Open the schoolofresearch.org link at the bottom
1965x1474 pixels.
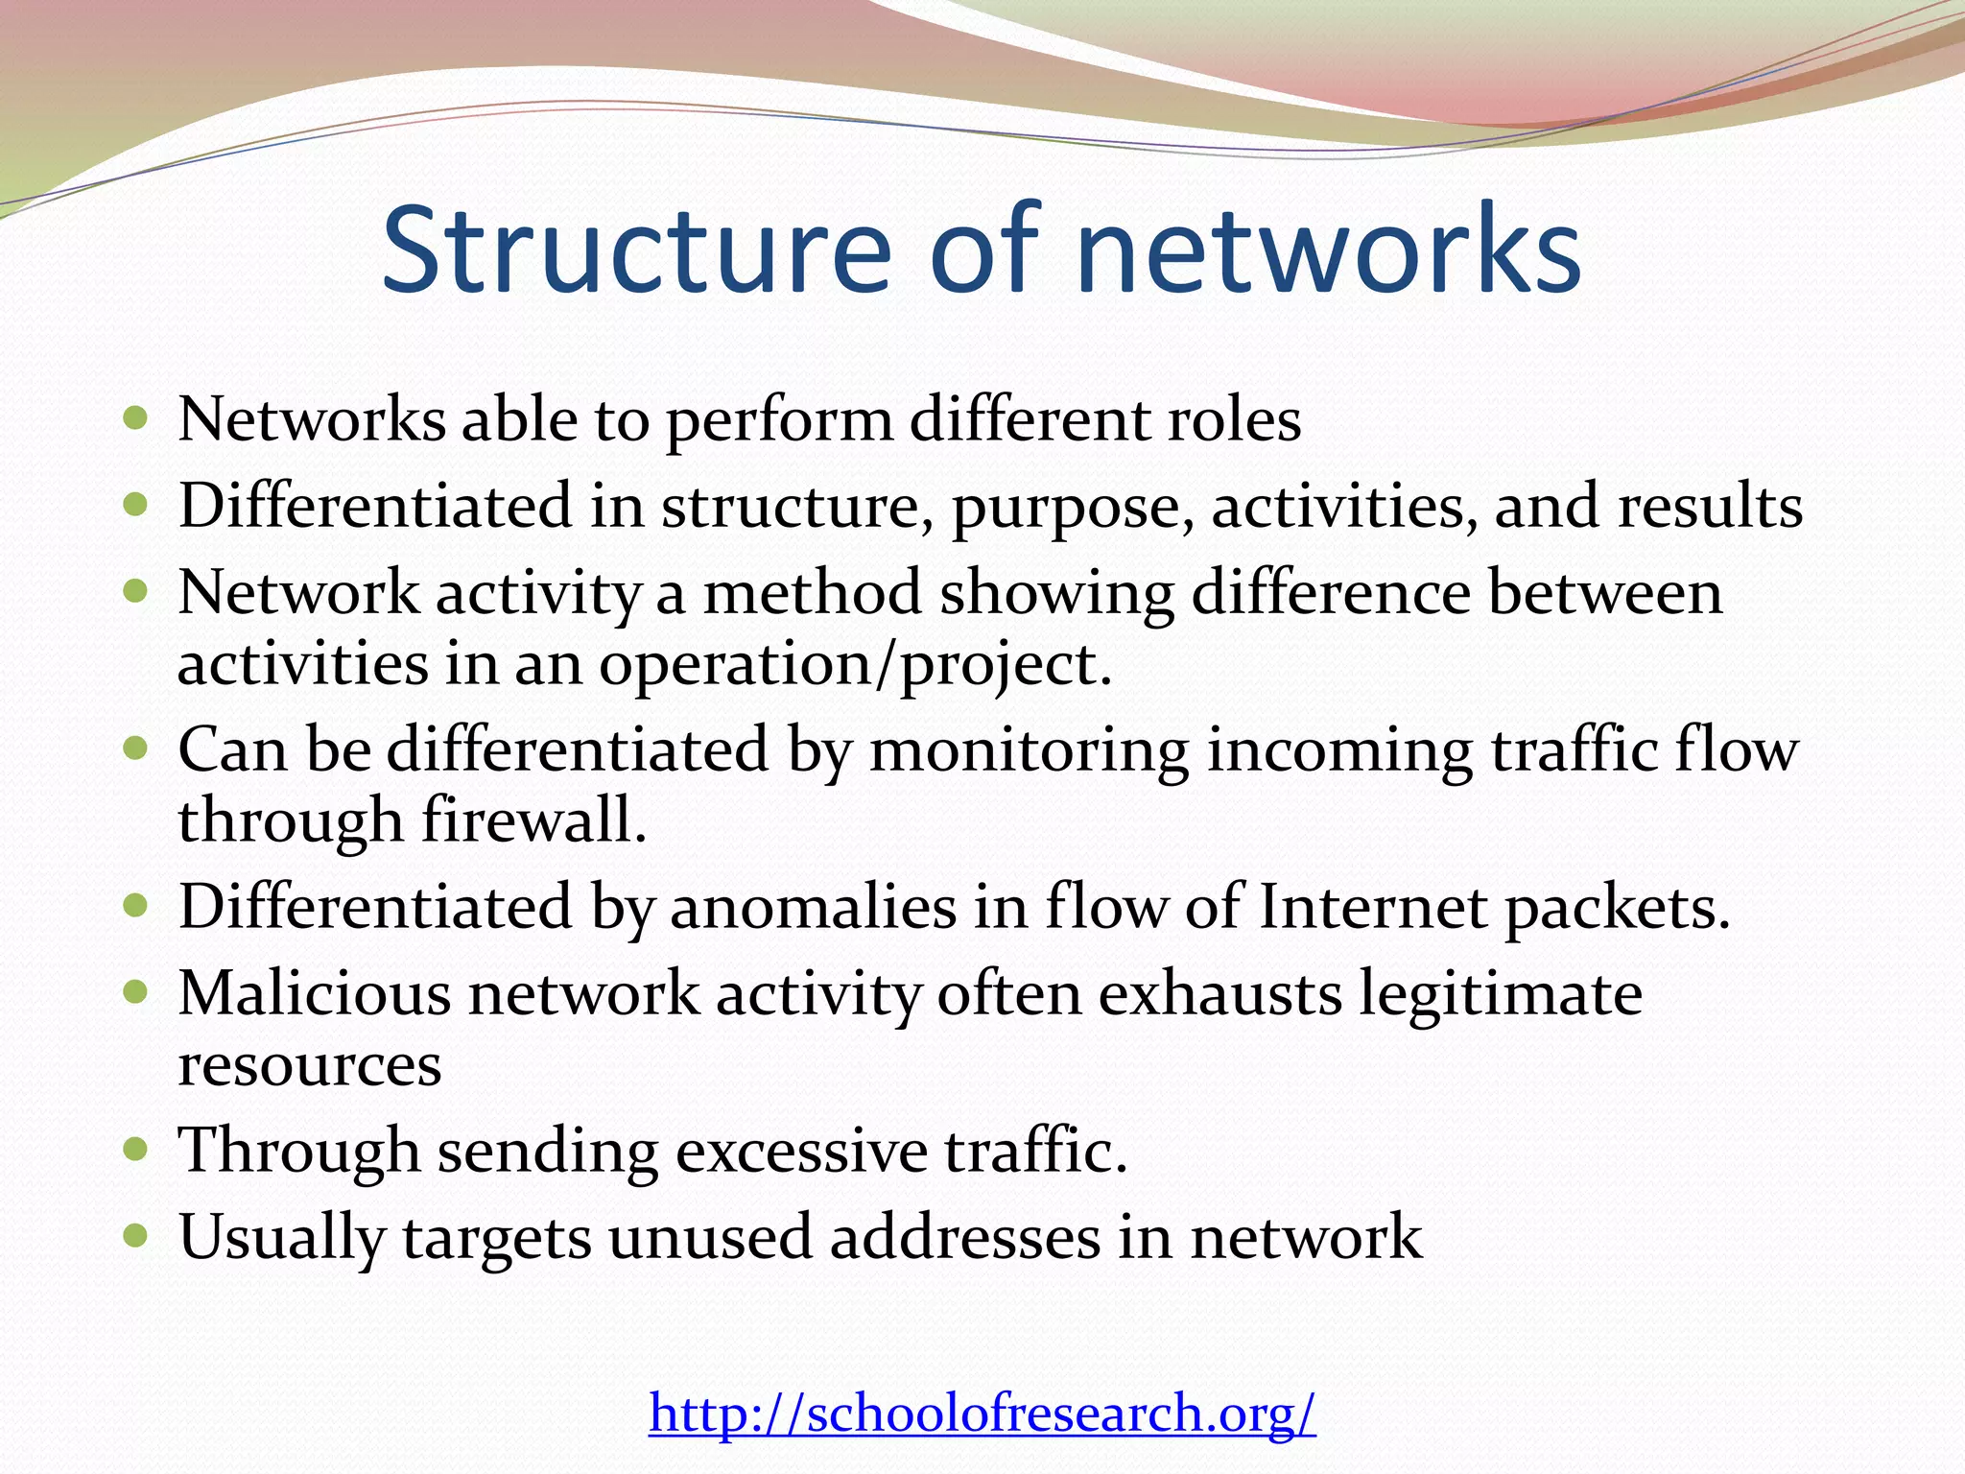[982, 1413]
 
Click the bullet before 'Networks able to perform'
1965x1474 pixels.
[136, 418]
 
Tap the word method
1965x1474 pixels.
[812, 592]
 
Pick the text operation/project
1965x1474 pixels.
[855, 665]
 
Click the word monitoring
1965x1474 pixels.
[1030, 750]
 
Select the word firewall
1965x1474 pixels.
[533, 821]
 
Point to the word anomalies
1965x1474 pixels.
[813, 908]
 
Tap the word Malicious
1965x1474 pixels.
[314, 993]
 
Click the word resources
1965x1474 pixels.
[309, 1065]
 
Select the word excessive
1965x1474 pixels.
[802, 1151]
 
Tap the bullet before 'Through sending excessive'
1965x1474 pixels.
[136, 1148]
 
